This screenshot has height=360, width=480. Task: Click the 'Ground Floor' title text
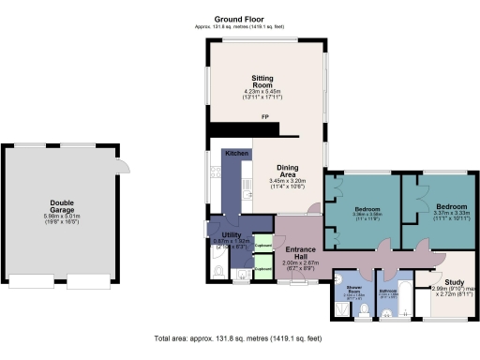tap(239, 19)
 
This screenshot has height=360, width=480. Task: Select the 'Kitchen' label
tap(235, 153)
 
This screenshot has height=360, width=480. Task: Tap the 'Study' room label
tap(455, 283)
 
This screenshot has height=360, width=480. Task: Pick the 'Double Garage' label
tap(63, 206)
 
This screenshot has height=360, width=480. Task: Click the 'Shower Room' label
tap(353, 290)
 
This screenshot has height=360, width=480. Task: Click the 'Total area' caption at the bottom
tap(239, 337)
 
